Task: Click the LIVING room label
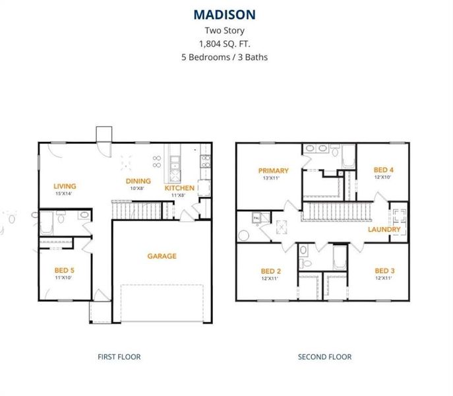click(65, 186)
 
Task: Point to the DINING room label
click(138, 181)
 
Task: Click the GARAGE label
click(162, 256)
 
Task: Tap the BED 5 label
click(64, 271)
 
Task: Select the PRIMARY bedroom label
click(273, 171)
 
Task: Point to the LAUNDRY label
click(384, 229)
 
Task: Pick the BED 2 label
click(271, 271)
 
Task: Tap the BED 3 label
click(384, 271)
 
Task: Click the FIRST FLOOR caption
click(119, 357)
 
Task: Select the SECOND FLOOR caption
click(324, 357)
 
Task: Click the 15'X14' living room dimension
click(65, 193)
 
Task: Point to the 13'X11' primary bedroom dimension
click(273, 178)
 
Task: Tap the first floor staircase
click(135, 211)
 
